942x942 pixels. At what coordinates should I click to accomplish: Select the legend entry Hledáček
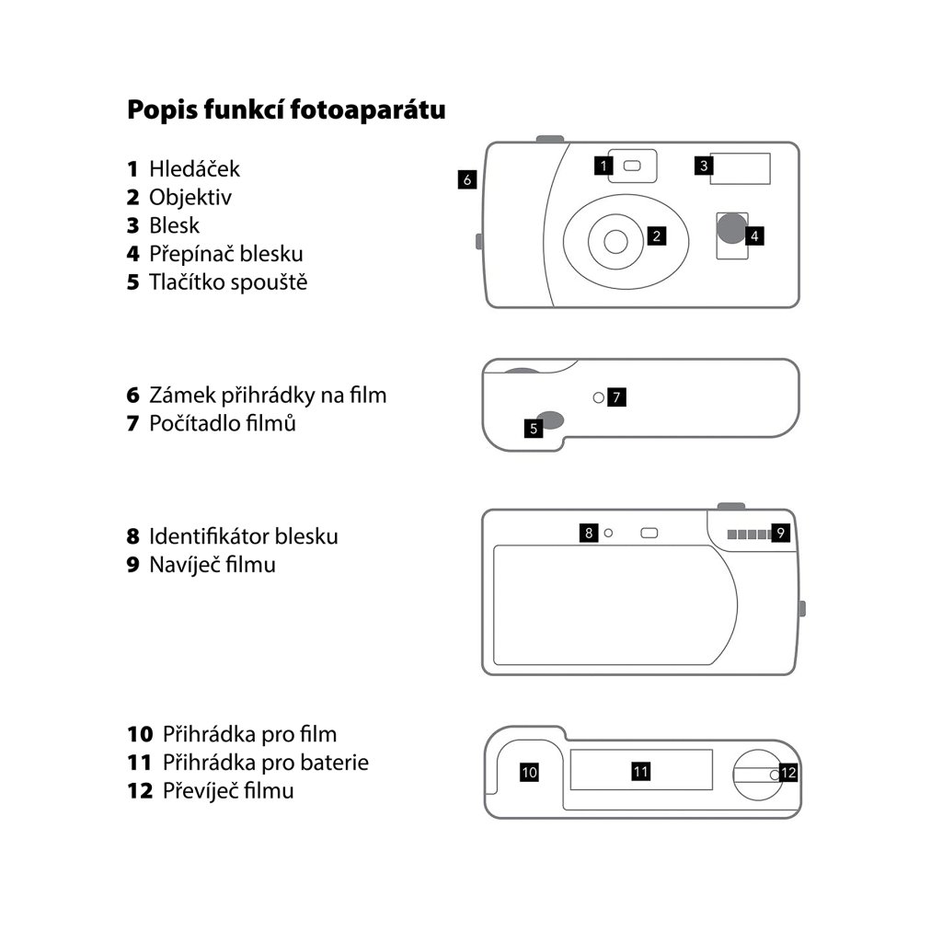click(194, 169)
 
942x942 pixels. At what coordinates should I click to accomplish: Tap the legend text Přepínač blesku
click(225, 253)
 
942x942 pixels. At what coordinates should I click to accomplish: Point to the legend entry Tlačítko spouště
click(228, 281)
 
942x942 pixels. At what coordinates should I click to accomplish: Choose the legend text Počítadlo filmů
click(222, 424)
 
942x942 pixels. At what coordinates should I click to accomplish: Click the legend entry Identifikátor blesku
click(243, 536)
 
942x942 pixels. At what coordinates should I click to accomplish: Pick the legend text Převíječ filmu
click(228, 790)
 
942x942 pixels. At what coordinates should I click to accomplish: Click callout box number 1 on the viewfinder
click(603, 166)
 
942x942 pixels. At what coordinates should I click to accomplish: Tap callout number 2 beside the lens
click(656, 236)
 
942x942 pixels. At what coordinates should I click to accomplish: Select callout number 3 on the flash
click(704, 166)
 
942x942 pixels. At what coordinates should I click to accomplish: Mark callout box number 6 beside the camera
click(467, 179)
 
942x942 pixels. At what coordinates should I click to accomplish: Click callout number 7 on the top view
click(617, 397)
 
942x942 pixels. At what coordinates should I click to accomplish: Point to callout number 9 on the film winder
click(781, 532)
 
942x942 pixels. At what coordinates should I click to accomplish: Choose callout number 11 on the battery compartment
click(641, 771)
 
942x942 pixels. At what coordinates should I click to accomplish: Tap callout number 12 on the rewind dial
click(788, 773)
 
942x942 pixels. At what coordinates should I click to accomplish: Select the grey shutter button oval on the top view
click(552, 419)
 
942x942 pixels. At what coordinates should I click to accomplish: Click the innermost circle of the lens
click(615, 239)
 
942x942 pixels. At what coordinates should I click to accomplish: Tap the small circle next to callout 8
click(608, 532)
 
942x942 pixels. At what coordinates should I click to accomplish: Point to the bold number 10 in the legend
click(140, 734)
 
